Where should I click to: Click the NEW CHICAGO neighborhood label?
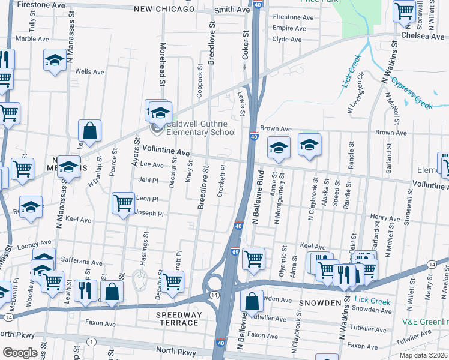[164, 9]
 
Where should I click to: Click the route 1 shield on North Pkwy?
[91, 341]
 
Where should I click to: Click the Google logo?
[20, 353]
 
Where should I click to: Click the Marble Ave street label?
[27, 38]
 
